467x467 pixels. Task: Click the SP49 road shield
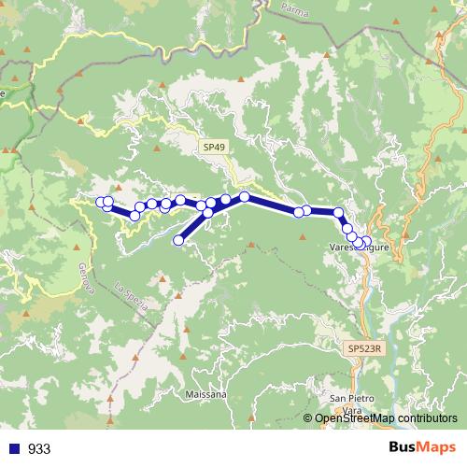click(213, 147)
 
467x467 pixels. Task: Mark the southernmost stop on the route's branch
click(179, 241)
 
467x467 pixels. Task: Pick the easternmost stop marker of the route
click(365, 242)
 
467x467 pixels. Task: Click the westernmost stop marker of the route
click(100, 201)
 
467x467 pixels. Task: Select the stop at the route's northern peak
click(245, 196)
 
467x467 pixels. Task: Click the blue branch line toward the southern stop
click(192, 227)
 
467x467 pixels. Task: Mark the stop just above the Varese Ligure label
click(347, 229)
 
